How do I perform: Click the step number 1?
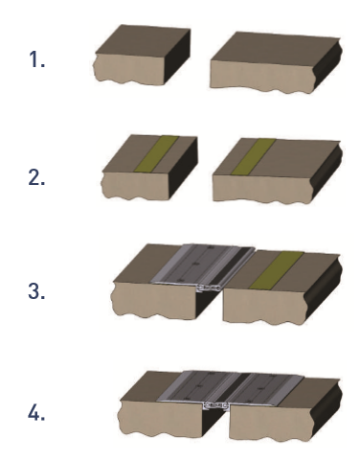click(36, 59)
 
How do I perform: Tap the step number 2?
click(36, 177)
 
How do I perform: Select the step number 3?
click(36, 291)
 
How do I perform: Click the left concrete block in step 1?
click(142, 55)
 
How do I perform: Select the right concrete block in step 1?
click(276, 62)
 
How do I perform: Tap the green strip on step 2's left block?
click(156, 153)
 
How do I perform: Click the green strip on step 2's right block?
click(254, 156)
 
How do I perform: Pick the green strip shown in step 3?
click(277, 270)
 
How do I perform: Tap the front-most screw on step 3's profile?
click(181, 280)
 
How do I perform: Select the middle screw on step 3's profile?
click(196, 264)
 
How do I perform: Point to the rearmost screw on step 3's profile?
click(211, 247)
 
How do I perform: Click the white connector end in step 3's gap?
click(209, 288)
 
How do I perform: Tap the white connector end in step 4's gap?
click(216, 406)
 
